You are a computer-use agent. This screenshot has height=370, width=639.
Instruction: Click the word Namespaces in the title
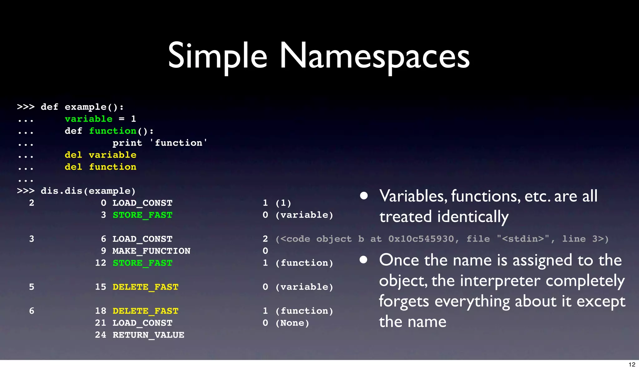(374, 56)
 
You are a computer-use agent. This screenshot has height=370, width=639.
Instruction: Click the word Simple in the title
(217, 56)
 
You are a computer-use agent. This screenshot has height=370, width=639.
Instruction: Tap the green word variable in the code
(88, 119)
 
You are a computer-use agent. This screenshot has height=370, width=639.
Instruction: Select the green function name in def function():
(113, 131)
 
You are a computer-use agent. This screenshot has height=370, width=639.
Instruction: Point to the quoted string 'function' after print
(178, 143)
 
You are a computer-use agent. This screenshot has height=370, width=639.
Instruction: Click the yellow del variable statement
(100, 155)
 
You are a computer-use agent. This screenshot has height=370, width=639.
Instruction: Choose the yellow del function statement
(100, 167)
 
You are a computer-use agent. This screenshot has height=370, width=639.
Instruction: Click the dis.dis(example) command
(88, 191)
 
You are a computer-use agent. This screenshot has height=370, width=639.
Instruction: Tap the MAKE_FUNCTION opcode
(151, 251)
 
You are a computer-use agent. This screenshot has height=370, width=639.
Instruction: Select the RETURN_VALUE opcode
(148, 335)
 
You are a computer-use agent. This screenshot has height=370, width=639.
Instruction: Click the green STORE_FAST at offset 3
(142, 215)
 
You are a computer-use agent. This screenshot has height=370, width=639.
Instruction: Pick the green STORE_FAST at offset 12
(142, 263)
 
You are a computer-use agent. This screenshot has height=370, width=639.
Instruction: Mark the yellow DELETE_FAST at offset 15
(145, 287)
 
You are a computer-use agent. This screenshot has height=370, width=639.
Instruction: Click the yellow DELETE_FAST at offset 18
(145, 311)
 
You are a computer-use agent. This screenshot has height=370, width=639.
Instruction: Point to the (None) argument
(292, 323)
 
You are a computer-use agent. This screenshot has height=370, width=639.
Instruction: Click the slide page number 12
(632, 365)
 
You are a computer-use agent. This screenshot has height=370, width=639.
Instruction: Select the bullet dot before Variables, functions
(363, 196)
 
